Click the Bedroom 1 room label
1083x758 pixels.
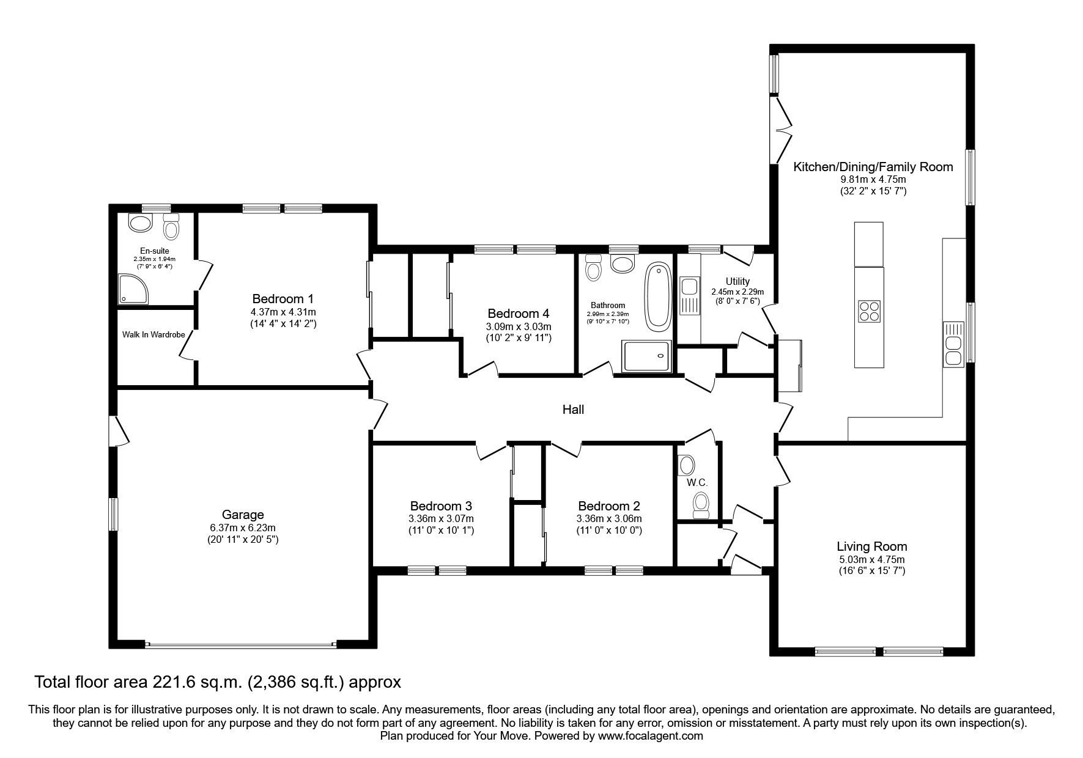283,299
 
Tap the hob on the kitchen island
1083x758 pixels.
869,311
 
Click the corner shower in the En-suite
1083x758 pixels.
133,289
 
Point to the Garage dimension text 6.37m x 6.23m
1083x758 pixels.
243,528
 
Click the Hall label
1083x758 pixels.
573,410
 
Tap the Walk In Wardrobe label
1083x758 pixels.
153,334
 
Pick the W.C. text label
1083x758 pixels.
697,483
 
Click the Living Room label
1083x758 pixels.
871,546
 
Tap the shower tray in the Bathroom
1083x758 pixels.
646,357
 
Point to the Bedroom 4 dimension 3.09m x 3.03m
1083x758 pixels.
518,326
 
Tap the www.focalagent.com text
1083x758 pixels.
650,737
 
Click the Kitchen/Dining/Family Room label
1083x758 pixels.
873,167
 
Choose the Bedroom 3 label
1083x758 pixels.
440,506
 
